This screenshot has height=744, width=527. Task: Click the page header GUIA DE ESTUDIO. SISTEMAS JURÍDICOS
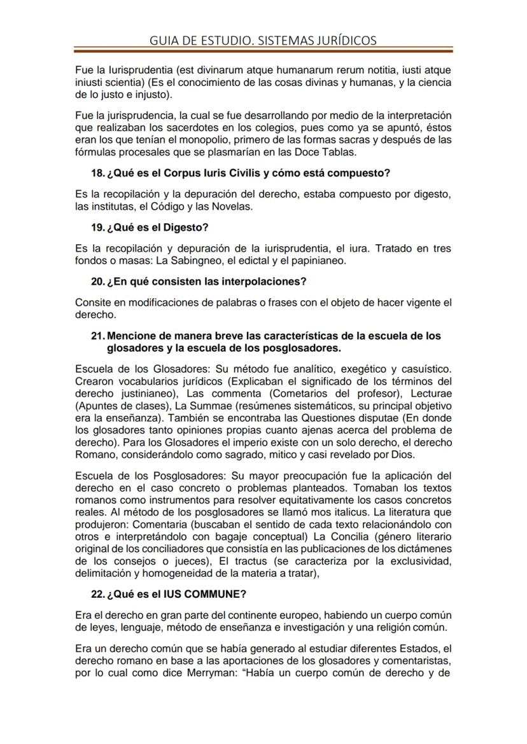point(263,41)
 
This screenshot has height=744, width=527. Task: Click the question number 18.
point(98,173)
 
